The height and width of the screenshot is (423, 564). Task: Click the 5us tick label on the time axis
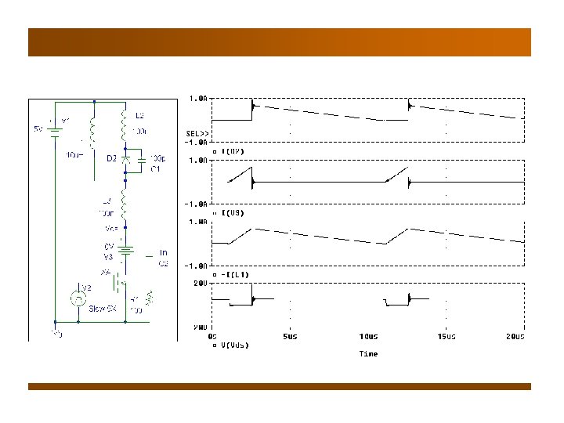[x=291, y=337]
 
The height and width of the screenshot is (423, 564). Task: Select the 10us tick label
[x=367, y=337]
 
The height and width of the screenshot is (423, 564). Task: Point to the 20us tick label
[x=514, y=337]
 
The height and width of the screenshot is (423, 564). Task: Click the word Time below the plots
[x=368, y=354]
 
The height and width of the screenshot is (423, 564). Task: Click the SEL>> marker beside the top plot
[x=197, y=133]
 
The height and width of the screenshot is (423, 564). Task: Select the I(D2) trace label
[x=233, y=150]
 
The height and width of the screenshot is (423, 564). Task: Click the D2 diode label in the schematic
[x=112, y=158]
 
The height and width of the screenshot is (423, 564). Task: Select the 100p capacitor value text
[x=157, y=158]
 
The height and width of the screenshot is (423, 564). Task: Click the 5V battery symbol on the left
[x=54, y=128]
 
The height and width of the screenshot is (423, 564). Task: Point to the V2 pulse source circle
[x=78, y=297]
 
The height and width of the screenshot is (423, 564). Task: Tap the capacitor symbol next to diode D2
[x=141, y=163]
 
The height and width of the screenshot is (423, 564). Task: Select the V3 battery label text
[x=110, y=255]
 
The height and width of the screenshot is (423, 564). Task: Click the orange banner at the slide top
[x=280, y=42]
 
